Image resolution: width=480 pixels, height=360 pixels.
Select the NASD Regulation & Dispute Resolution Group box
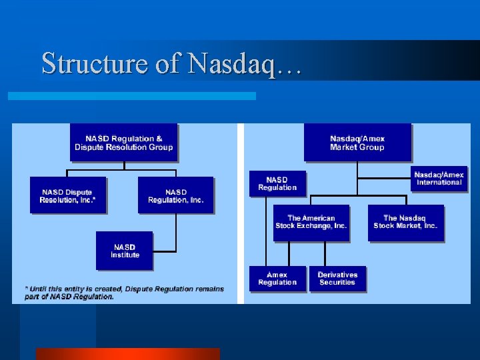123,142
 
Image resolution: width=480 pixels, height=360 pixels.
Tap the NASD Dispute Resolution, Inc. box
67,195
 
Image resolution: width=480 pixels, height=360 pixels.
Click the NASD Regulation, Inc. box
175,195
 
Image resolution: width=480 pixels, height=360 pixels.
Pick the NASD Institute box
125,250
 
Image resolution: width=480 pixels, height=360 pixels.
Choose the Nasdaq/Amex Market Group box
357,142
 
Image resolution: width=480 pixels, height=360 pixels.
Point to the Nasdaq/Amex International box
439,178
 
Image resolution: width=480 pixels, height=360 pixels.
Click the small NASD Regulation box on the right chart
277,183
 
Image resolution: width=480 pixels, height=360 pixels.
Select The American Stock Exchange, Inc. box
311,222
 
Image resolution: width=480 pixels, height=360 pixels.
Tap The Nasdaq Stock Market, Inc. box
405,222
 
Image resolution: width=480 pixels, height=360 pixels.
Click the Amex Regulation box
277,278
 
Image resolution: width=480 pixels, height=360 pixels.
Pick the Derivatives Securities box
337,278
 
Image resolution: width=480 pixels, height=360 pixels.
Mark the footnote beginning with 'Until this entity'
125,293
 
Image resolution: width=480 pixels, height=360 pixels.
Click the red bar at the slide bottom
127,353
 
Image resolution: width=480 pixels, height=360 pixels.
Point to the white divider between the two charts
241,213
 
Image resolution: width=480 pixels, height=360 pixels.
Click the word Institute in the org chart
125,255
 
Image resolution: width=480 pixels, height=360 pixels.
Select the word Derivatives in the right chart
337,274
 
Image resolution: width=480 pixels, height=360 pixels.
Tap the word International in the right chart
439,182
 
